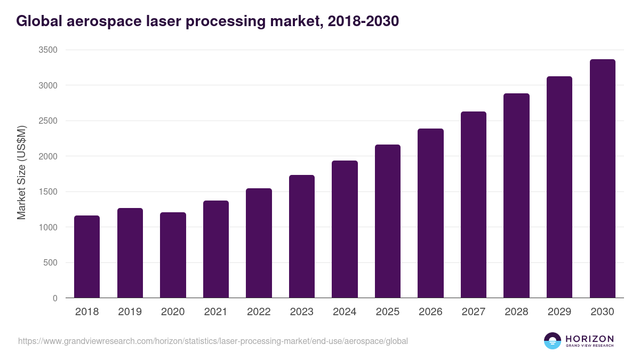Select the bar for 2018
click(87, 257)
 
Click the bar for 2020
click(173, 255)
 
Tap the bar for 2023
click(302, 236)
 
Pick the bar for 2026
click(430, 213)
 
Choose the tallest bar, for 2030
click(602, 179)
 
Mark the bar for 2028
click(516, 196)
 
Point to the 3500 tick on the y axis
click(47, 50)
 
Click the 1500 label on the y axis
click(47, 192)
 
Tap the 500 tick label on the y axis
click(50, 263)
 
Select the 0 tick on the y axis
click(55, 298)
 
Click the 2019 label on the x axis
click(130, 312)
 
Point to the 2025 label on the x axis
click(387, 312)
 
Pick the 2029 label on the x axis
click(559, 312)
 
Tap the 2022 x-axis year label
click(259, 312)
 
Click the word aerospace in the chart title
click(109, 21)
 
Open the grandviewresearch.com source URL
click(213, 341)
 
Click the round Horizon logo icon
click(552, 341)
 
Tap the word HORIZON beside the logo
click(589, 338)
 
